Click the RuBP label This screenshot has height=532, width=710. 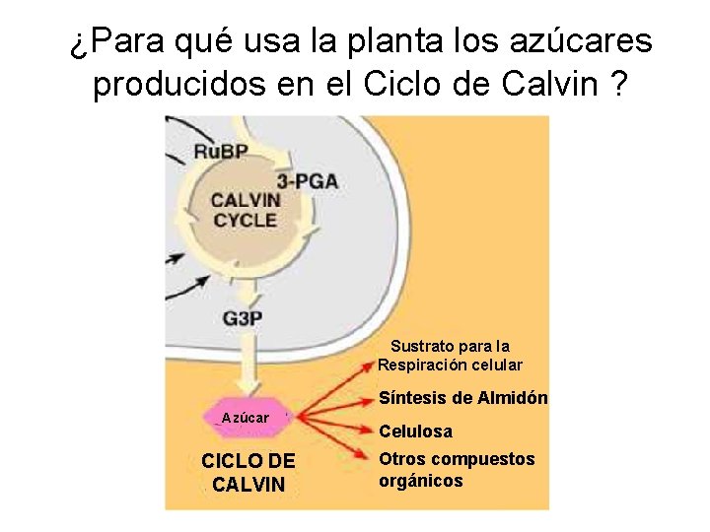(x=220, y=151)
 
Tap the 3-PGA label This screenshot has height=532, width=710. (x=308, y=180)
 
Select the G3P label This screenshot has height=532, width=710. (x=243, y=318)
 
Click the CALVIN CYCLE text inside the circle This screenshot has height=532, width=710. (x=246, y=210)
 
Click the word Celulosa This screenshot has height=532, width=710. (x=416, y=432)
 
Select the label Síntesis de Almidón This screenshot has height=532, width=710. (x=463, y=399)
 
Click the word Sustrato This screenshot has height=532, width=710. (x=422, y=346)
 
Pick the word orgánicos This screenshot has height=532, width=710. (x=421, y=481)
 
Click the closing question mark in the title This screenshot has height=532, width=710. (x=618, y=85)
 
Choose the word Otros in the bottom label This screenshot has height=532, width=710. (x=402, y=459)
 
